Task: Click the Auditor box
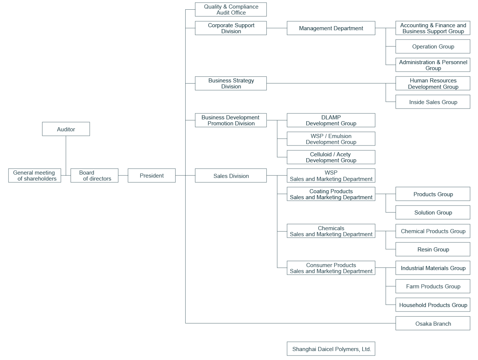pyautogui.click(x=66, y=129)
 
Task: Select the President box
pyautogui.click(x=152, y=175)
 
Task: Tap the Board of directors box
pyautogui.click(x=94, y=175)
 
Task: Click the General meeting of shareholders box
pyautogui.click(x=35, y=175)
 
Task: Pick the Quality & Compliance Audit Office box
pyautogui.click(x=231, y=10)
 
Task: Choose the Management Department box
pyautogui.click(x=331, y=28)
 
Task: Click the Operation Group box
pyautogui.click(x=433, y=47)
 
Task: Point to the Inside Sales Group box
pyautogui.click(x=433, y=102)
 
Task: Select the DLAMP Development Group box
pyautogui.click(x=331, y=120)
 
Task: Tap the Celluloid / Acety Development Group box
pyautogui.click(x=331, y=157)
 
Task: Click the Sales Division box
pyautogui.click(x=231, y=176)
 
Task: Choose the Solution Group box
pyautogui.click(x=433, y=212)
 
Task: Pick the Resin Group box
pyautogui.click(x=433, y=249)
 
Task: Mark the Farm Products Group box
pyautogui.click(x=433, y=286)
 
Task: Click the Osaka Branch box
pyautogui.click(x=433, y=323)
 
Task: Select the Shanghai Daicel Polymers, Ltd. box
pyautogui.click(x=331, y=349)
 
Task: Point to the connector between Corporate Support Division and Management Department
pyautogui.click(x=277, y=28)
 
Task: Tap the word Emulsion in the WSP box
pyautogui.click(x=339, y=136)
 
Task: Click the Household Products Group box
pyautogui.click(x=433, y=305)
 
